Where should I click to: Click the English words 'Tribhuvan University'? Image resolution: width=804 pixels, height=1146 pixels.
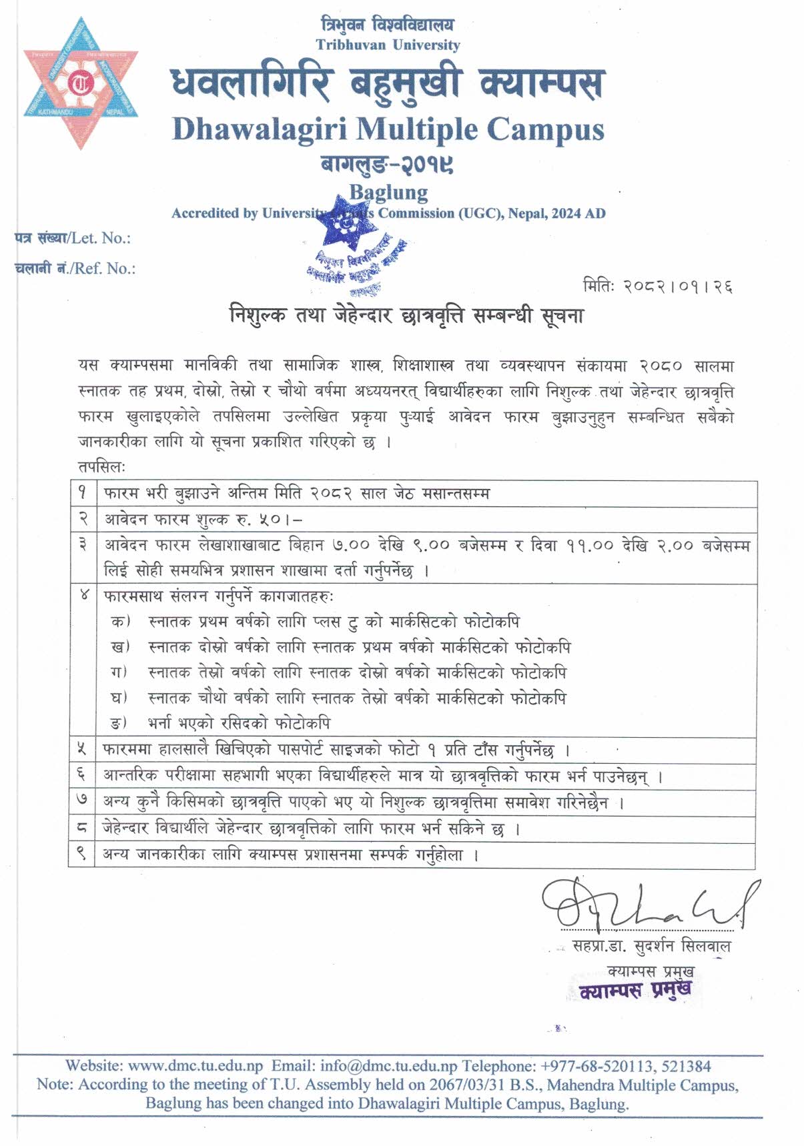[388, 45]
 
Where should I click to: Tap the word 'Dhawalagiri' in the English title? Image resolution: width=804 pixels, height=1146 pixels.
[260, 129]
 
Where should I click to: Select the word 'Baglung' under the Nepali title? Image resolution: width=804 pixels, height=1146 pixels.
[388, 192]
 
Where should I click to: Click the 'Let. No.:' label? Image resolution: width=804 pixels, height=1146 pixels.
[101, 238]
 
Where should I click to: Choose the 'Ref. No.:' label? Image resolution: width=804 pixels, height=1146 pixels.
[104, 268]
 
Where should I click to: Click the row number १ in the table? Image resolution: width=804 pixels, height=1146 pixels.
[83, 494]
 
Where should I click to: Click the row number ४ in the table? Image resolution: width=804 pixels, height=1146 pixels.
[83, 595]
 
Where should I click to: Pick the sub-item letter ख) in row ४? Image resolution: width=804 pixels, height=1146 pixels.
[120, 647]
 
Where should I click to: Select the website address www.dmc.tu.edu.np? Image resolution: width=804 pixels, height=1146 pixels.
[195, 1066]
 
